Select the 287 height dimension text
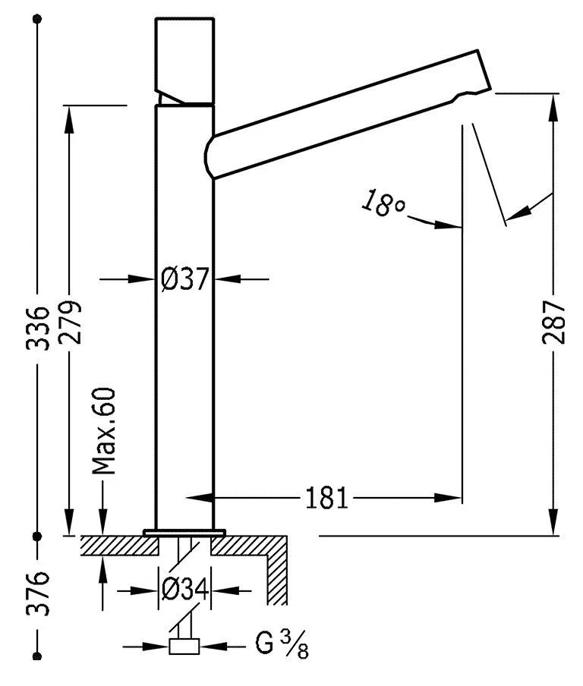click(554, 322)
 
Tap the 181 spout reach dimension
click(326, 498)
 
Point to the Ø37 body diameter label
click(184, 279)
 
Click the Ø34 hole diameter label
click(184, 589)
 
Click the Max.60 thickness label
click(104, 430)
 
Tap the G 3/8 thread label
click(281, 647)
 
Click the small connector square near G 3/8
click(184, 647)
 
